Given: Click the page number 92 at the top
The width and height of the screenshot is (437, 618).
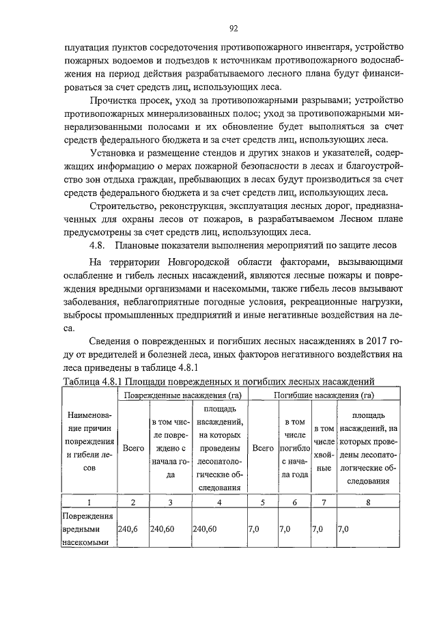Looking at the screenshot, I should coord(233,28).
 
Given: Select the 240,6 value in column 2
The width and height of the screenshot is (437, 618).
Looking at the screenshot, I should coord(129,529).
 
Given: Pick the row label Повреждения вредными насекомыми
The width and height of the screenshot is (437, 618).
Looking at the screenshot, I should coord(88,529).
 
